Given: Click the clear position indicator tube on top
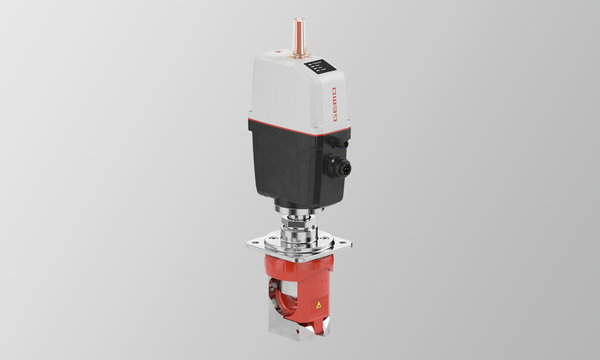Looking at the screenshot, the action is (x=299, y=37).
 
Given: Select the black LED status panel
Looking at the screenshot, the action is (x=320, y=66).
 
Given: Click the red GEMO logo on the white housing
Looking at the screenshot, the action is (x=334, y=104).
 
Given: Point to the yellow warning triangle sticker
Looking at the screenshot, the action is (x=318, y=305).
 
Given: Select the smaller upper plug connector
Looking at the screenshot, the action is (x=340, y=143).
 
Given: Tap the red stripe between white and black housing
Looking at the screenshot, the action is (x=298, y=127).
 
